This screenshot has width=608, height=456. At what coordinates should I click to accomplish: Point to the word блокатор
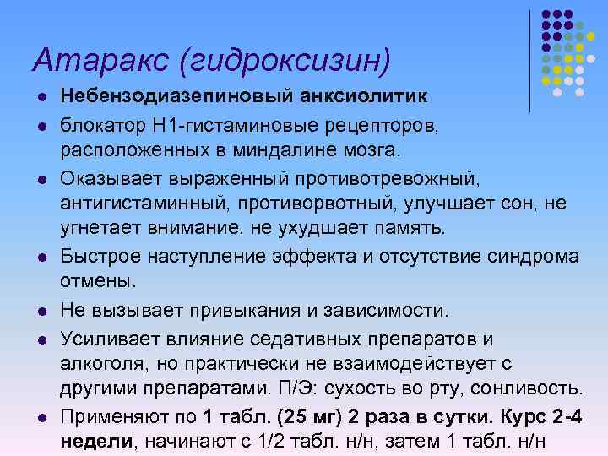103,126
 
